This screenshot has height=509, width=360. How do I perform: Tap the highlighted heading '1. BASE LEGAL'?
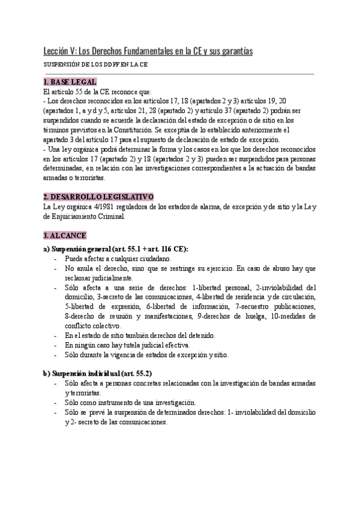(x=70, y=82)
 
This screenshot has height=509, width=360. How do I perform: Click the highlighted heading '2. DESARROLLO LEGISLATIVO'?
(x=99, y=196)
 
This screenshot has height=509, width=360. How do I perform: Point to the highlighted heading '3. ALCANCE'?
(x=65, y=235)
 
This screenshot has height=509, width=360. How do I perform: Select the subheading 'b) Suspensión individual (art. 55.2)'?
(x=97, y=373)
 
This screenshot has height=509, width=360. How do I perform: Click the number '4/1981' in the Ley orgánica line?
(x=105, y=207)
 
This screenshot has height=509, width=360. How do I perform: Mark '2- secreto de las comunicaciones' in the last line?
(x=119, y=422)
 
